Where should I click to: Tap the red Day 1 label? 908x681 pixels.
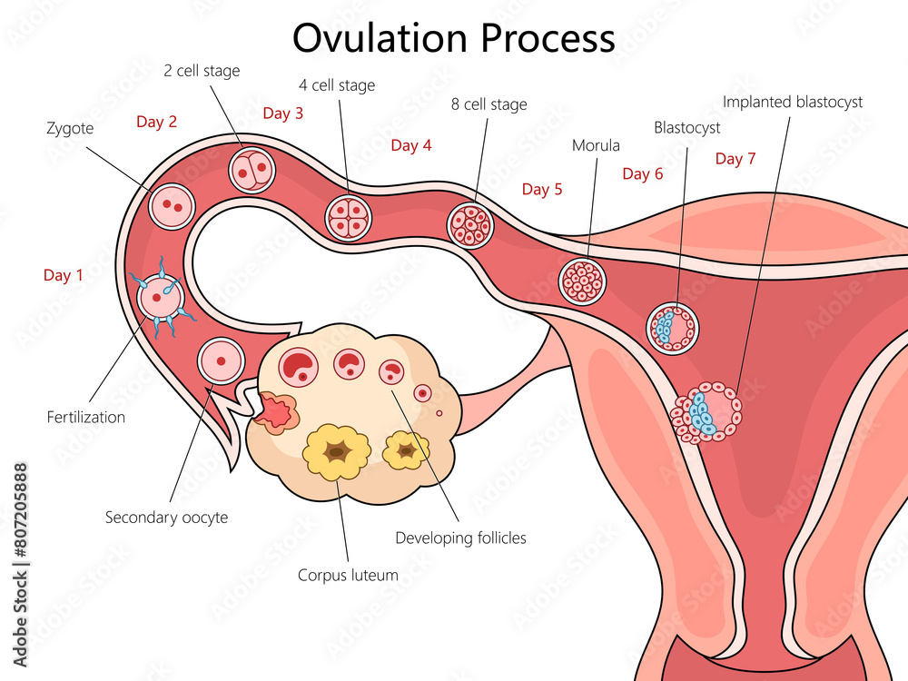click(64, 275)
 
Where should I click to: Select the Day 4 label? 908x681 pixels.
click(411, 145)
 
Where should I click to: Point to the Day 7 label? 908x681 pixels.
click(735, 159)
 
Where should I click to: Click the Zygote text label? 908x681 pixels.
click(70, 129)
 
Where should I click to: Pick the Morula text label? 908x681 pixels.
click(596, 145)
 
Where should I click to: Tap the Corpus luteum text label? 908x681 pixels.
click(348, 575)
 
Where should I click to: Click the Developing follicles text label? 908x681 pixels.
click(460, 538)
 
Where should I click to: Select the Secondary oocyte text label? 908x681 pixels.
click(166, 518)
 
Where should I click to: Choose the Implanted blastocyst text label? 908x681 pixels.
click(793, 102)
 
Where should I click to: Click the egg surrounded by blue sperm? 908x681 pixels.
click(161, 296)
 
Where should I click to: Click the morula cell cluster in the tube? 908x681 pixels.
click(581, 281)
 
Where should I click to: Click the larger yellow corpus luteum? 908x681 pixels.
click(337, 450)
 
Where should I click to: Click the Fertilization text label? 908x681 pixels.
click(86, 418)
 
